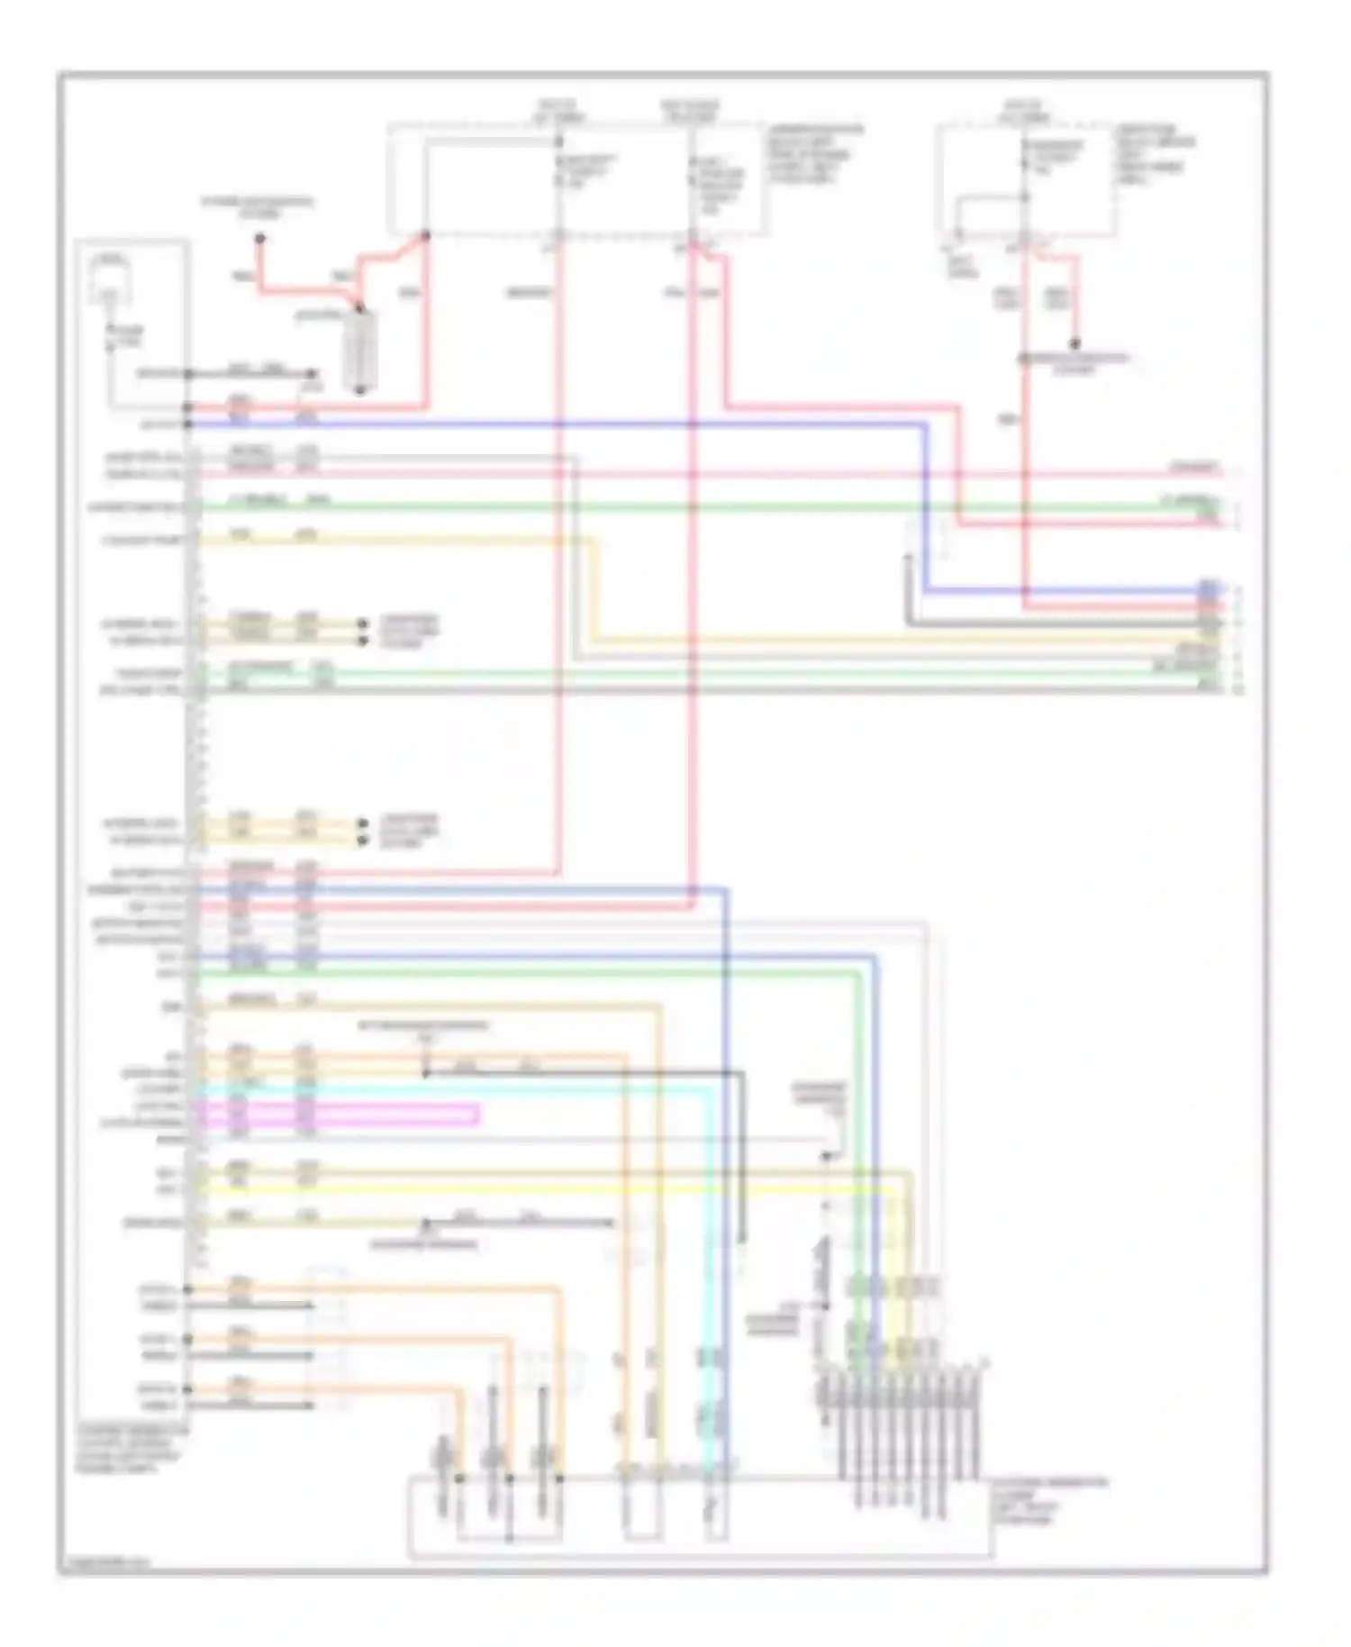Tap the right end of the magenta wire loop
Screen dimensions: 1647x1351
(477, 1115)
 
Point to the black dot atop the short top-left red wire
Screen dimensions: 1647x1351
(259, 239)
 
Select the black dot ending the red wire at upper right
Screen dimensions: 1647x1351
(1074, 344)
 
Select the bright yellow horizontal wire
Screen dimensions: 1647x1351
(540, 1189)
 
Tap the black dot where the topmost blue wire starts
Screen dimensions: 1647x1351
(188, 423)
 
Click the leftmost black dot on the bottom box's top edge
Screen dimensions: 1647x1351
(459, 1479)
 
